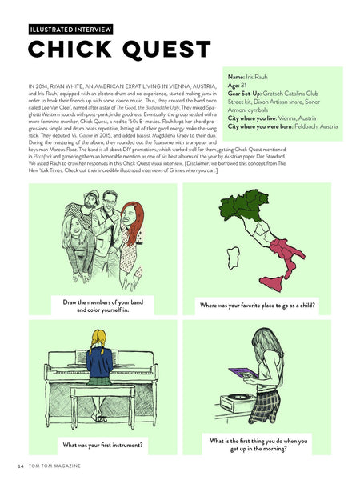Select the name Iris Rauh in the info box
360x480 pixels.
[262, 77]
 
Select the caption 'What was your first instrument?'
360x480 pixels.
[102, 444]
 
